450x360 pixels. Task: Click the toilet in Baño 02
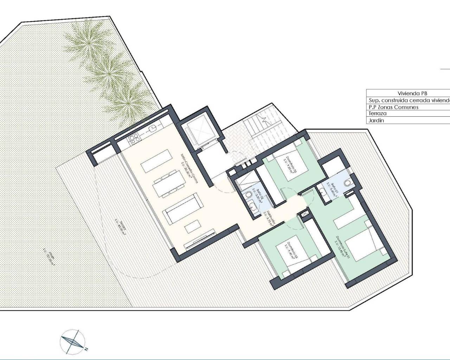coord(249,194)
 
